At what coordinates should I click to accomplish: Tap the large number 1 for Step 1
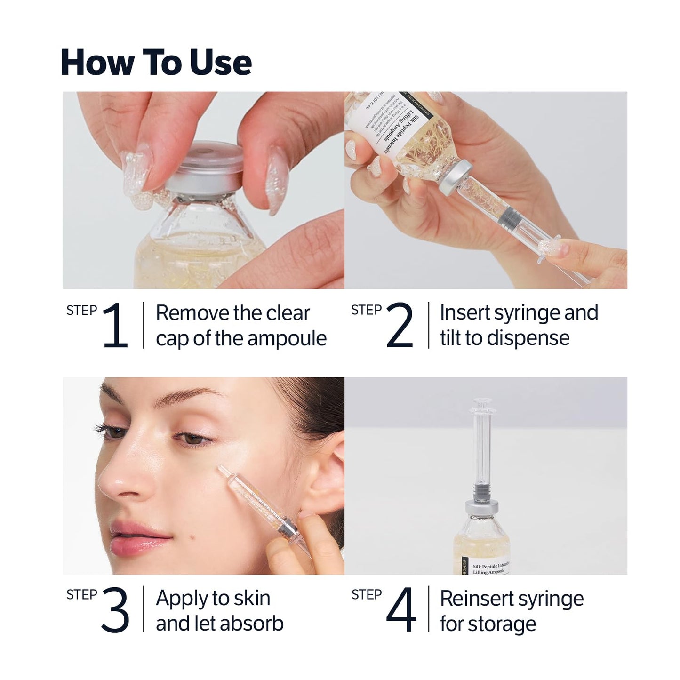[115, 325]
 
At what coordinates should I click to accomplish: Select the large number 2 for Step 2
[400, 325]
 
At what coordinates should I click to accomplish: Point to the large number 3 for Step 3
[115, 610]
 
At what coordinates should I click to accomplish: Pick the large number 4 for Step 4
[401, 610]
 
